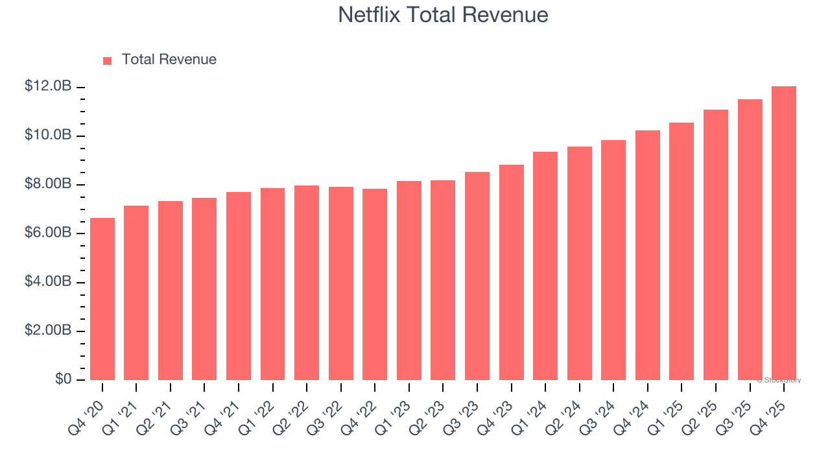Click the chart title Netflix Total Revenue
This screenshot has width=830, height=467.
pos(443,15)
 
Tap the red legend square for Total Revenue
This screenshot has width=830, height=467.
pos(108,60)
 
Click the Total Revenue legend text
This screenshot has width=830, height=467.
pos(169,60)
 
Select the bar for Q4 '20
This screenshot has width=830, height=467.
pos(102,299)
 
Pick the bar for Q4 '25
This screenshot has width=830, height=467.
pos(784,233)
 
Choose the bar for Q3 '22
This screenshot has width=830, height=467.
pos(341,283)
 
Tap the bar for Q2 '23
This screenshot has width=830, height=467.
pos(443,280)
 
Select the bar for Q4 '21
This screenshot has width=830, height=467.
pos(239,286)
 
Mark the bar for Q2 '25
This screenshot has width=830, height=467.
pos(716,245)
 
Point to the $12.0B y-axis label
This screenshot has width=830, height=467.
pos(48,86)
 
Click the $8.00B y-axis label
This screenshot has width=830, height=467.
pos(48,184)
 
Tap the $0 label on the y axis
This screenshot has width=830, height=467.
pos(62,379)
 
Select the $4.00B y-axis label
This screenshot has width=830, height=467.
pos(48,281)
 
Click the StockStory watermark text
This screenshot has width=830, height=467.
pos(779,380)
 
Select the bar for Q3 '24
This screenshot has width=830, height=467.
pos(613,260)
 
